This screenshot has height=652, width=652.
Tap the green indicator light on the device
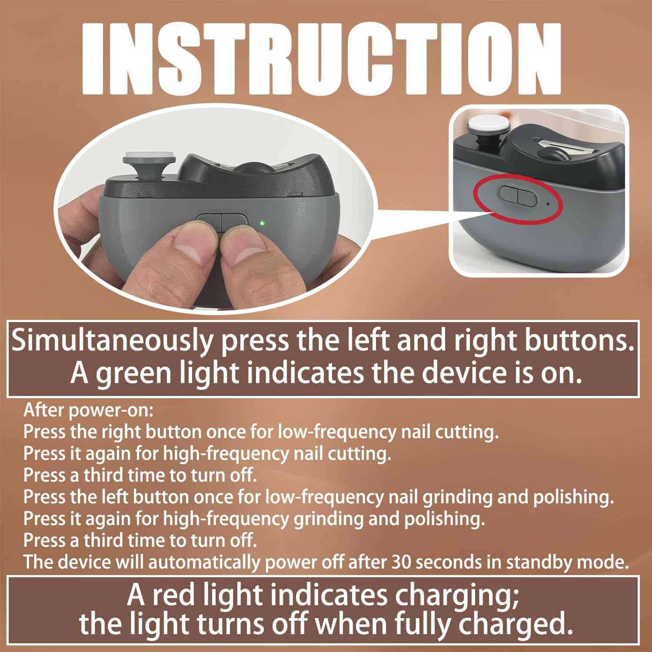click(x=262, y=223)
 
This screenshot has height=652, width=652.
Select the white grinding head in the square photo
click(x=489, y=123)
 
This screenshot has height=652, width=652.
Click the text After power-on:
click(x=88, y=410)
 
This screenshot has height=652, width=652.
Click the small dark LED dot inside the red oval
click(x=548, y=203)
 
